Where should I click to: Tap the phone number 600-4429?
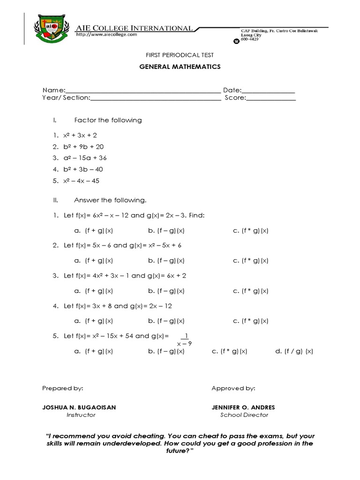coord(249,39)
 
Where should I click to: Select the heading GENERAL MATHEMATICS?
coord(180,67)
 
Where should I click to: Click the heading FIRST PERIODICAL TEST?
coord(180,55)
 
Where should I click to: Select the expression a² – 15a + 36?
coord(85,158)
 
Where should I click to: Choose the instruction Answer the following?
coord(110,200)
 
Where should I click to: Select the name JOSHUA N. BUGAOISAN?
coord(79,407)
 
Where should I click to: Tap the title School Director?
coord(244,415)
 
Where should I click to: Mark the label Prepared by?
coord(63,388)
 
